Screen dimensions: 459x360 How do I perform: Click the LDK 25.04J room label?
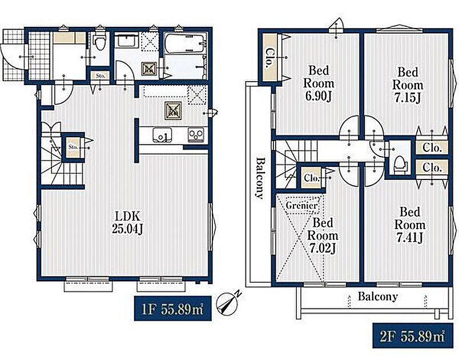[x=127, y=223]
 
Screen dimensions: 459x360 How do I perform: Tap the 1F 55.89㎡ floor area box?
[x=173, y=309]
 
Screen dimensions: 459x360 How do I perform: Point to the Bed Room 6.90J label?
[x=319, y=83]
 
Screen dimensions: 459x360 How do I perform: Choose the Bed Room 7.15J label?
[x=408, y=85]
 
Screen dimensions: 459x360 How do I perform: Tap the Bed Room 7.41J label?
[x=410, y=225]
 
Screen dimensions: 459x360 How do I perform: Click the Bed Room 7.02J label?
[x=323, y=235]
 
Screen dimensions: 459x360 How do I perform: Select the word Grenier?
[x=301, y=205]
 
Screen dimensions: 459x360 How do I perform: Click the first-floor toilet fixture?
[x=100, y=44]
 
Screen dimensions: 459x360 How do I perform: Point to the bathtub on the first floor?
[x=184, y=43]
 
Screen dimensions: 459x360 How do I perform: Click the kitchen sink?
[x=162, y=135]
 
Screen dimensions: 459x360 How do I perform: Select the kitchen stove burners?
[x=196, y=134]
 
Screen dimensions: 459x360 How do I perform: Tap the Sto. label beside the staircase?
[x=73, y=146]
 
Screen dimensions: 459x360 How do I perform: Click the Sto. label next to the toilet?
[x=100, y=75]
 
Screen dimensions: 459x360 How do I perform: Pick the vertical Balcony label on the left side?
[x=260, y=178]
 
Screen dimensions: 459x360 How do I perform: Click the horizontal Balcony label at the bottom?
[x=377, y=297]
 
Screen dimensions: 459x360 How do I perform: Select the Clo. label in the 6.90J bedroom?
[x=268, y=58]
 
